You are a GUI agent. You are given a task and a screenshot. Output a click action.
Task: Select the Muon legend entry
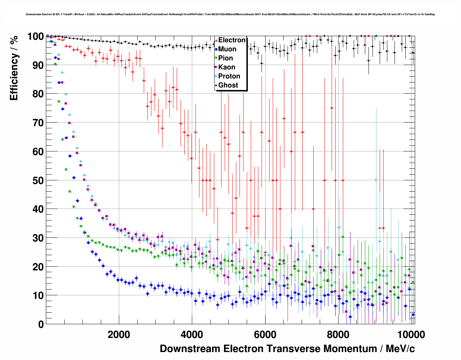(227, 49)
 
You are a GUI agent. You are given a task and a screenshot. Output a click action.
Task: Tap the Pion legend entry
(225, 58)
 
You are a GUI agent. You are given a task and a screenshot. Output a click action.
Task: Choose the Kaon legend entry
(227, 67)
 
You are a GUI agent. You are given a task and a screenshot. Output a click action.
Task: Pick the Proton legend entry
(229, 76)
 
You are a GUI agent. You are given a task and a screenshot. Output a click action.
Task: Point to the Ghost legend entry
(228, 85)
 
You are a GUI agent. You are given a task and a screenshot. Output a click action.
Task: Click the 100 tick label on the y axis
(36, 37)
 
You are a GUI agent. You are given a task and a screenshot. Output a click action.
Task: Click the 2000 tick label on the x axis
(119, 335)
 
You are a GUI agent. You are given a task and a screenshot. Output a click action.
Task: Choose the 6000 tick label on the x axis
(265, 335)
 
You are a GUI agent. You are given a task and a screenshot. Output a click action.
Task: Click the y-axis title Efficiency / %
(14, 68)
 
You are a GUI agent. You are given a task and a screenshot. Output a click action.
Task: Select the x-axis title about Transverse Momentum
(287, 349)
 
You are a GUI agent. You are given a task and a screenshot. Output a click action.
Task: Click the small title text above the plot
(230, 14)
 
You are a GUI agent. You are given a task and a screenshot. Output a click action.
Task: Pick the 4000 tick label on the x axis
(192, 335)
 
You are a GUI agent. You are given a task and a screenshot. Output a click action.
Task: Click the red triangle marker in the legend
(216, 40)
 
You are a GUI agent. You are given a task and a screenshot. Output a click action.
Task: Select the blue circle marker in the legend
(216, 49)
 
